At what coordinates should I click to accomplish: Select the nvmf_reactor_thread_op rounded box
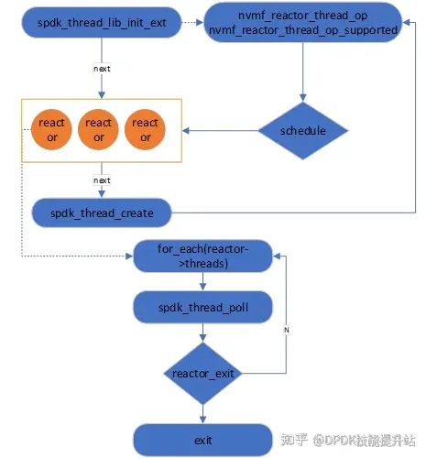tap(302, 25)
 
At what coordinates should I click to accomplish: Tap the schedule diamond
tap(303, 131)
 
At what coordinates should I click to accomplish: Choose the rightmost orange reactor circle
tap(147, 130)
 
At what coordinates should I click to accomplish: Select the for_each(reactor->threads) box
tap(202, 256)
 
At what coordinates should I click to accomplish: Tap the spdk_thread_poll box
tap(202, 308)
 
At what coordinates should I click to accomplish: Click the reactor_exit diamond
tap(202, 373)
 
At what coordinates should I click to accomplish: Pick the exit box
tap(202, 441)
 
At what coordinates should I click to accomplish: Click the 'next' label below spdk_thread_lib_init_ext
tap(101, 68)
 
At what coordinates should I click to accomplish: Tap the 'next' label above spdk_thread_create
tap(101, 180)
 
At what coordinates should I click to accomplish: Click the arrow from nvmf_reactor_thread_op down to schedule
tap(303, 73)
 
